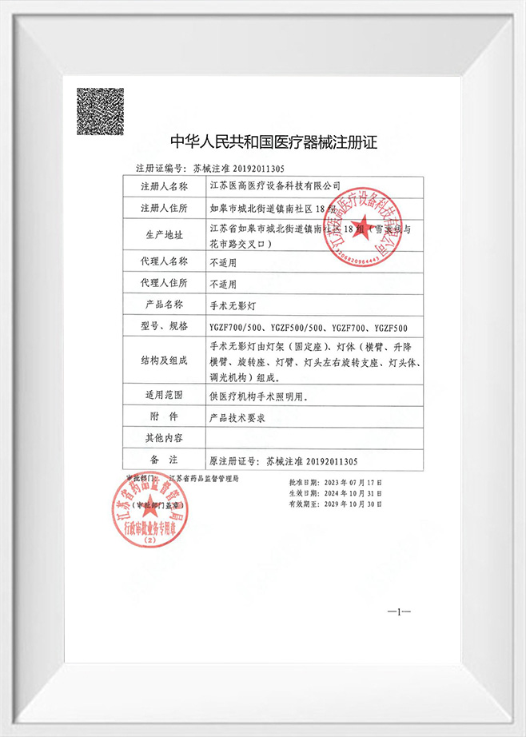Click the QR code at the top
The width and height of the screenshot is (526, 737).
click(x=100, y=111)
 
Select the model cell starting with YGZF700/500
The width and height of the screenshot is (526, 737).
click(x=308, y=327)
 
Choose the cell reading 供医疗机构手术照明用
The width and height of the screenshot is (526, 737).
click(x=259, y=396)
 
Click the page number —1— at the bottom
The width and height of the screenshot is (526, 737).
click(x=398, y=612)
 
